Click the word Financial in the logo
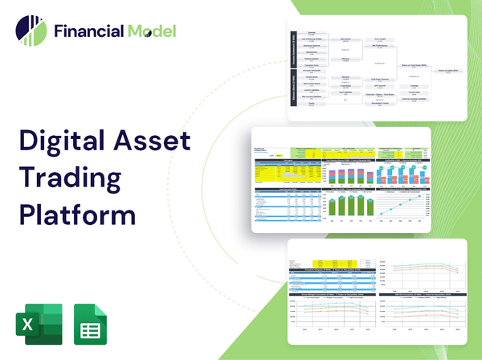(x=88, y=32)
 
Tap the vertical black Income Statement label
(x=292, y=49)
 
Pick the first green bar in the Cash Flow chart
(x=333, y=207)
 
